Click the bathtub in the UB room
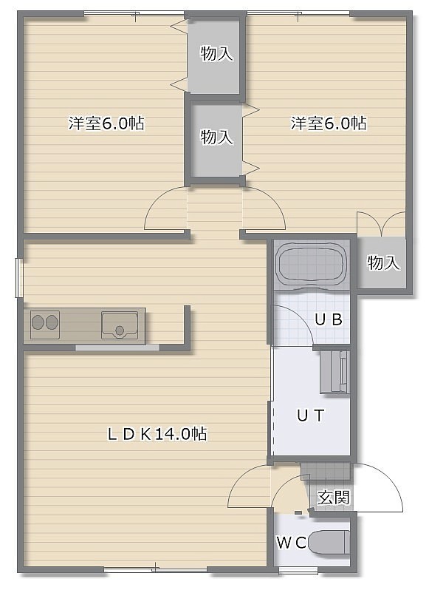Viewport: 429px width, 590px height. (x=311, y=263)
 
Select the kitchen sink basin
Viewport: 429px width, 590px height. (x=119, y=325)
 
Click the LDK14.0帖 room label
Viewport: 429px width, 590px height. (x=157, y=434)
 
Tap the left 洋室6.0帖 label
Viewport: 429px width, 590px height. (x=106, y=123)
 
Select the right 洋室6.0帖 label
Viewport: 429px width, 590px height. (x=329, y=123)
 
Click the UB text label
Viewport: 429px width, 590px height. (x=329, y=319)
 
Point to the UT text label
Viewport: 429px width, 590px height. (x=310, y=416)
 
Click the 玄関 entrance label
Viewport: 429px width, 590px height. (x=334, y=498)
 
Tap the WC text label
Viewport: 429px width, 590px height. (x=292, y=543)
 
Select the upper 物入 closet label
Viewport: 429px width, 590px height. (x=217, y=53)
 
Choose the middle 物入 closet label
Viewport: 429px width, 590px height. (x=217, y=137)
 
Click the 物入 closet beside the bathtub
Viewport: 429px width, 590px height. (x=383, y=262)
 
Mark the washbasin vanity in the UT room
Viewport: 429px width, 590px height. (x=334, y=372)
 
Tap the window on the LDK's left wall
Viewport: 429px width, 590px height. (x=19, y=278)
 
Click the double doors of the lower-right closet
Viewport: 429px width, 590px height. (x=381, y=224)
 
